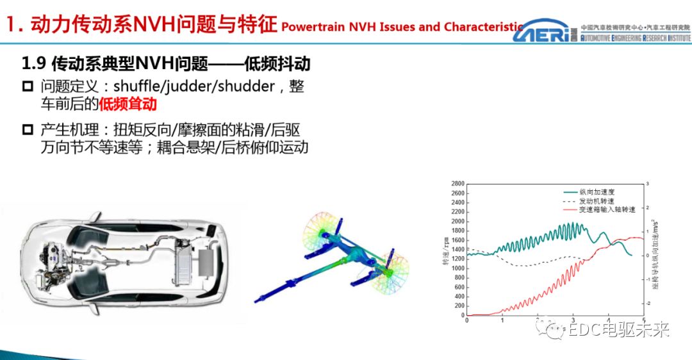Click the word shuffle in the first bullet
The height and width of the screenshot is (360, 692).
[136, 86]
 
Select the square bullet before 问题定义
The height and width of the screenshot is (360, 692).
[27, 86]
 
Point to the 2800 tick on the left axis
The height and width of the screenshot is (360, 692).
[457, 184]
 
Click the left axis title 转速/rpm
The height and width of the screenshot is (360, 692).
[445, 249]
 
